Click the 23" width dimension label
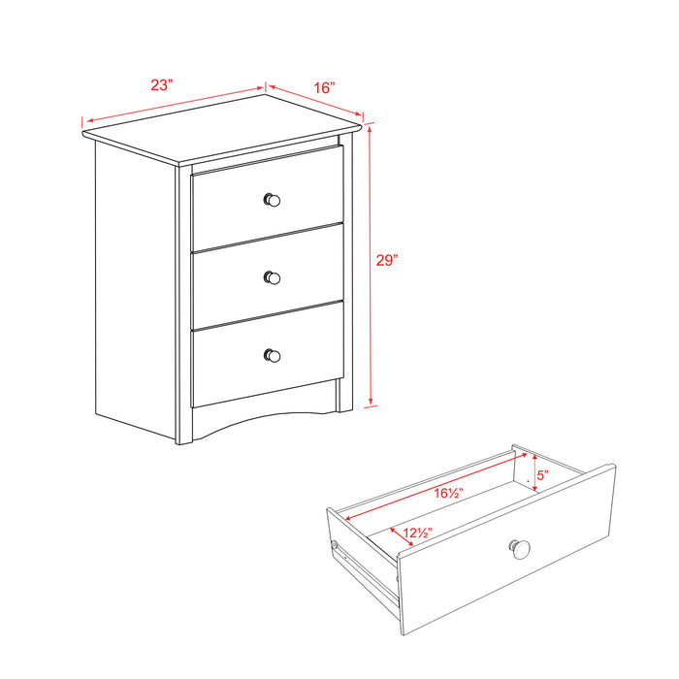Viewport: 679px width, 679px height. click(161, 84)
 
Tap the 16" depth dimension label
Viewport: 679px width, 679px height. click(324, 87)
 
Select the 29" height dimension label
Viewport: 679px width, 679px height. click(387, 260)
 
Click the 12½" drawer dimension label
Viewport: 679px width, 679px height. click(417, 532)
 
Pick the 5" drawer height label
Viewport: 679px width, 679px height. click(542, 476)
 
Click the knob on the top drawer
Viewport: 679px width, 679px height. click(272, 200)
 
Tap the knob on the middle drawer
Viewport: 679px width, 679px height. click(272, 277)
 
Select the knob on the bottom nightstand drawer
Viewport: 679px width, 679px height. click(272, 355)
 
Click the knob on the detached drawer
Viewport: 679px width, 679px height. click(520, 549)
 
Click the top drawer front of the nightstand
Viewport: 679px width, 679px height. click(233, 204)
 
